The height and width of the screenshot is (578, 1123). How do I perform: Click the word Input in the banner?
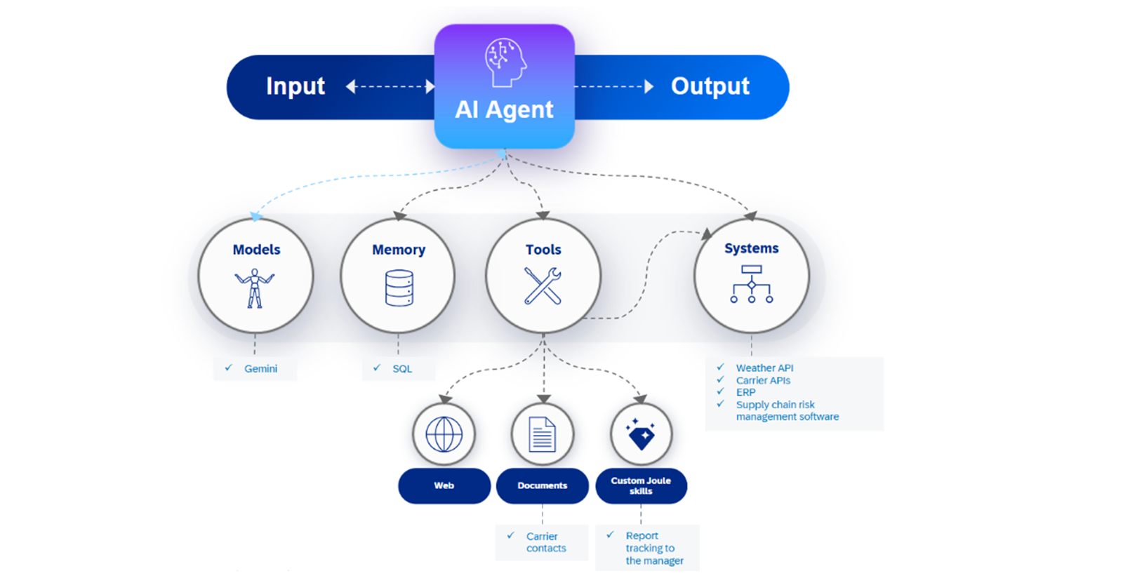[x=295, y=86]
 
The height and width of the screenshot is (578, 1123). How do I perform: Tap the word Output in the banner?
[x=710, y=86]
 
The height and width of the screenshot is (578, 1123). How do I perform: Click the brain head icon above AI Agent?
[x=505, y=62]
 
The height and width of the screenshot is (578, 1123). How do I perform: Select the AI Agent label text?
[x=504, y=109]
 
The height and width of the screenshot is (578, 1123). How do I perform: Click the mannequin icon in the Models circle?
[x=255, y=288]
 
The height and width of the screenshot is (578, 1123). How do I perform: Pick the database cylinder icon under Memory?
[x=399, y=288]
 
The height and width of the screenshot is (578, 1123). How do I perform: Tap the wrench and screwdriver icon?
[x=543, y=286]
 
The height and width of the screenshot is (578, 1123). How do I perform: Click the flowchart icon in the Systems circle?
[x=751, y=284]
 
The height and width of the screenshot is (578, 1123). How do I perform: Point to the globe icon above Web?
[x=444, y=434]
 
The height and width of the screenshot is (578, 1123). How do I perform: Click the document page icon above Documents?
[x=543, y=434]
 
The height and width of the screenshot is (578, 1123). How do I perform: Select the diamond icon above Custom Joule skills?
[x=640, y=433]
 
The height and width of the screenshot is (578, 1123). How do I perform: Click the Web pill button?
[x=444, y=486]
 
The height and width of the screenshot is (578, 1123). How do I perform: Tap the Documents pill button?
[x=543, y=486]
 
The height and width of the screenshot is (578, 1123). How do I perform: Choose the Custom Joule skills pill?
[x=642, y=486]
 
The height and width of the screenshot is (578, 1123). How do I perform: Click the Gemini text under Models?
[x=260, y=369]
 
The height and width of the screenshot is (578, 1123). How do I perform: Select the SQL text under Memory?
[x=402, y=369]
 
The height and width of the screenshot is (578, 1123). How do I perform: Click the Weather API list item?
[x=764, y=368]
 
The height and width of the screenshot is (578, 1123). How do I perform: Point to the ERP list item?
[x=745, y=392]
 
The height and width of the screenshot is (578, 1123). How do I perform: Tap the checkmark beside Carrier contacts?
[x=510, y=535]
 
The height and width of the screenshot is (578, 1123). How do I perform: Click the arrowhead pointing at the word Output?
[x=649, y=87]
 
